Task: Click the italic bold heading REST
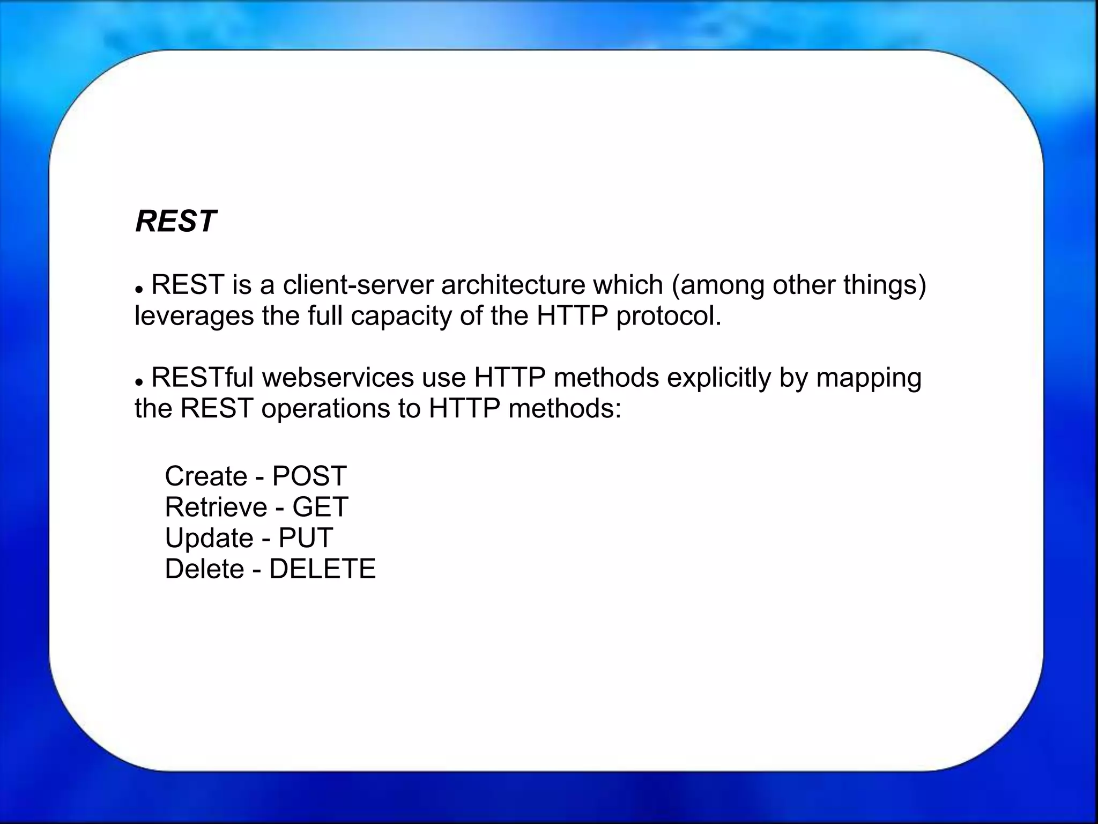pos(175,221)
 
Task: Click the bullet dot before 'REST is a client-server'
pos(139,289)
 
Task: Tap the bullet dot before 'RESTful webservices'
pos(139,381)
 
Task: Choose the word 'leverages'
pos(194,316)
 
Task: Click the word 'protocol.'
pos(669,316)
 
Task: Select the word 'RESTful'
pos(203,378)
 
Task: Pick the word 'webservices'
pos(338,378)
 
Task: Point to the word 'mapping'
pos(869,378)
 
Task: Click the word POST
pos(309,476)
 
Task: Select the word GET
pos(320,507)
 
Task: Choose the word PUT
pos(306,538)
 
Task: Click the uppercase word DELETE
pos(322,569)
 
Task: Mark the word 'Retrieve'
pos(216,507)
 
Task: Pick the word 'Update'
pos(209,538)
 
